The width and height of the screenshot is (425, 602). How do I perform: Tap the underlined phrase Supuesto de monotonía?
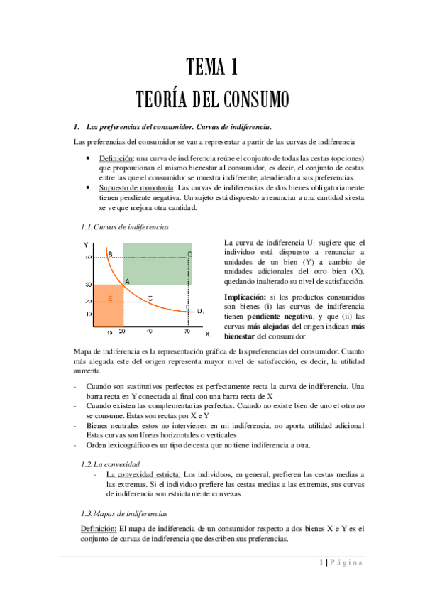coord(133,187)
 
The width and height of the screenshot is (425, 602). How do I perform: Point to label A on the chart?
coord(127,282)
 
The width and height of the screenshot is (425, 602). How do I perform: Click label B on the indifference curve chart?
coord(110,253)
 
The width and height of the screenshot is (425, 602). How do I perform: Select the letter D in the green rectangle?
coord(189,253)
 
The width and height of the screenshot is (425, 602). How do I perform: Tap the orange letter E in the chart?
coord(110,297)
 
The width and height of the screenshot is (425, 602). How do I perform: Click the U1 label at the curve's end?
coord(201,311)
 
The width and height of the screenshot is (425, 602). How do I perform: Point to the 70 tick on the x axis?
coord(186,332)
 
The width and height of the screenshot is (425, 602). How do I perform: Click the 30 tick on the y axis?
coord(89,285)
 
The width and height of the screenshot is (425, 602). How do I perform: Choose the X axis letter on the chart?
coord(207,332)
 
